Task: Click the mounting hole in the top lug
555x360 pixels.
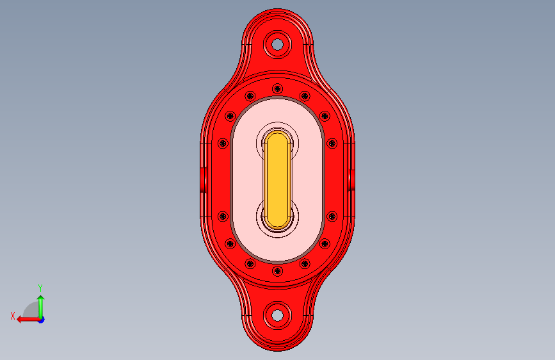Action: pos(278,45)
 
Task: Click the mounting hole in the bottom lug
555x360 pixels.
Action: pos(278,315)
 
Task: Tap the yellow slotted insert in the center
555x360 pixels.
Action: pos(278,179)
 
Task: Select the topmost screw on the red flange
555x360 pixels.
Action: pos(278,88)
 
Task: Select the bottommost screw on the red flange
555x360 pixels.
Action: pos(278,272)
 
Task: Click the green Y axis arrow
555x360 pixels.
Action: pos(41,307)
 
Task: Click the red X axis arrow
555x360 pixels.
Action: pos(28,320)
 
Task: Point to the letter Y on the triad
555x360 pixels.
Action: pos(40,288)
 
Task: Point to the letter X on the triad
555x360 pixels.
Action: pos(13,316)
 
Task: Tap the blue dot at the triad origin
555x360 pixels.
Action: pos(42,320)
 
